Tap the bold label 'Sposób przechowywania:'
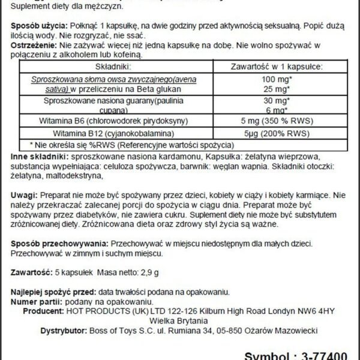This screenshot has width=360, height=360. coord(59,246)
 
